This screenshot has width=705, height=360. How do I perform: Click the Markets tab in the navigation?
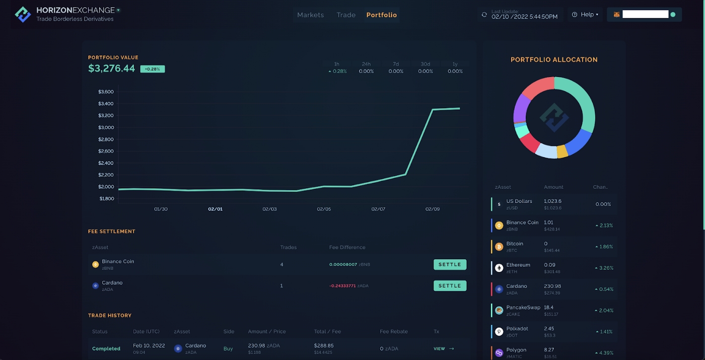310,15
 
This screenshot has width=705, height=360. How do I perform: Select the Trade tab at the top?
346,15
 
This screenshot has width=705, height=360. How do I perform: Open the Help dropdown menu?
585,15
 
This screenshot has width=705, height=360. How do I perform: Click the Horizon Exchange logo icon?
23,15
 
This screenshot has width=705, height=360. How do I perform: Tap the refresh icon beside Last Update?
484,15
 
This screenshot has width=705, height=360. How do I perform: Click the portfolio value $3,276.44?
112,68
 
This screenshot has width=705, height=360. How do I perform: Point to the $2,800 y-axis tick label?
106,139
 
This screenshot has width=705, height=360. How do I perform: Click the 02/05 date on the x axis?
324,209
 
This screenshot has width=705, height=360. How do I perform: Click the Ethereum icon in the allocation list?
499,268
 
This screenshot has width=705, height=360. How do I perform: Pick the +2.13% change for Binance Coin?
604,226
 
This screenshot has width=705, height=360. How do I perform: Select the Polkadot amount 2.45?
549,329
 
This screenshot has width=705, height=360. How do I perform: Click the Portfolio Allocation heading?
554,59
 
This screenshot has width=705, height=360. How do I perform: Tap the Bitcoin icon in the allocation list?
499,247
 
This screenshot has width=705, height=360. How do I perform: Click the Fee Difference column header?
347,247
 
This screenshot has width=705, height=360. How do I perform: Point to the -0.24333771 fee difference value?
342,286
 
